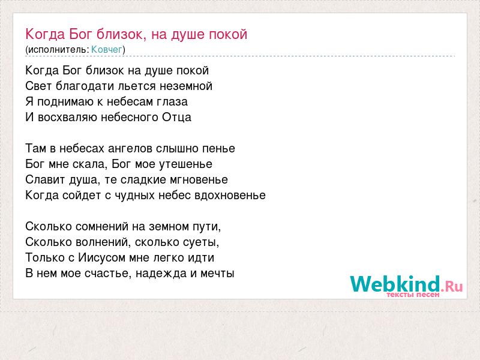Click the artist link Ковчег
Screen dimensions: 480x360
point(107,49)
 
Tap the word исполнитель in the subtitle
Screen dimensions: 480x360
point(58,49)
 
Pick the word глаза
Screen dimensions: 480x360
point(172,102)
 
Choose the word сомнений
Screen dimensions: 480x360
point(102,227)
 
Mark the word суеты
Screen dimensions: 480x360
point(201,242)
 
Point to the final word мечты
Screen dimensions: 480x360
point(217,274)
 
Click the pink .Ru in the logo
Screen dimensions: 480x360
point(452,286)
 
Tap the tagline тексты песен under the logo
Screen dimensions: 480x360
point(413,295)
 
